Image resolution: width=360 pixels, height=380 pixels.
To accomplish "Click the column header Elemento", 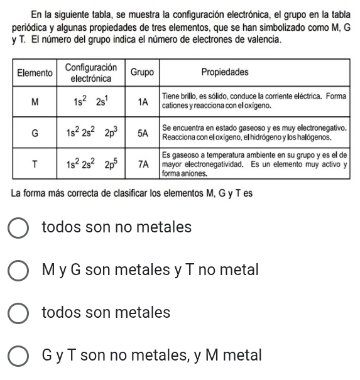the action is [x=34, y=73].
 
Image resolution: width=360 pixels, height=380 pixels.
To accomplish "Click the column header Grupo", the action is [x=143, y=72].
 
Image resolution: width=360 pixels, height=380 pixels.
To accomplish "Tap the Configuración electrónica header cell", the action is [x=91, y=73].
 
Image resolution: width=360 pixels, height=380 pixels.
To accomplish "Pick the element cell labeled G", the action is [x=34, y=133].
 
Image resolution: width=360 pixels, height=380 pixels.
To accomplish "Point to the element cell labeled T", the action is [x=34, y=164].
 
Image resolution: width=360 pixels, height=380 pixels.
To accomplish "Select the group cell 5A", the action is [x=143, y=133].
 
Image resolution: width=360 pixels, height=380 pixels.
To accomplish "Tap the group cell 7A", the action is [x=143, y=164].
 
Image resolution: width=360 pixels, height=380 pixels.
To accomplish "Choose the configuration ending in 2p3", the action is [x=91, y=133].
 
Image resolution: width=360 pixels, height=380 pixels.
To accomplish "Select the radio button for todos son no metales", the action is [x=21, y=227].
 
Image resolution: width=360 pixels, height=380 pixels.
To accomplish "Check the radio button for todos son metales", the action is [x=21, y=313].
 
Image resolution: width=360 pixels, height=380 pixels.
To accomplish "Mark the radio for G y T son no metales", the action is [x=21, y=356].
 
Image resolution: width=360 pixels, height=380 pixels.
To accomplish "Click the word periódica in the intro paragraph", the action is [x=30, y=29].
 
